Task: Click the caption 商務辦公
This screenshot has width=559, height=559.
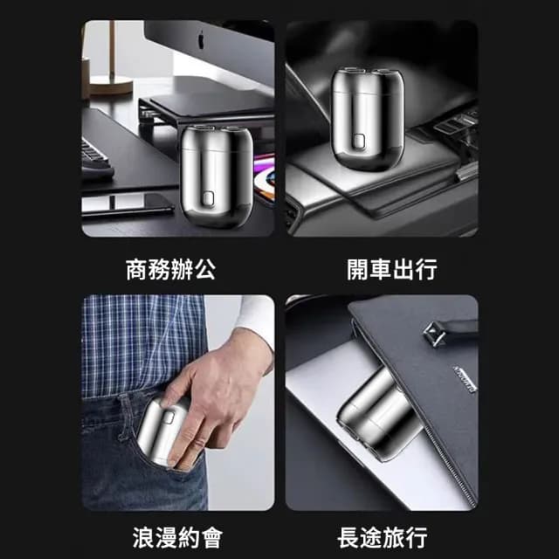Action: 170,270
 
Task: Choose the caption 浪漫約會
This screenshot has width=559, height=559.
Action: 170,536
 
